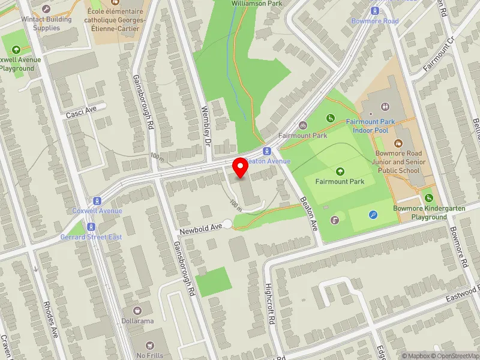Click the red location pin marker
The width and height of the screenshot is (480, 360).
click(241, 167)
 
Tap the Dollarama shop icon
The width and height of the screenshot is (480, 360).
click(137, 311)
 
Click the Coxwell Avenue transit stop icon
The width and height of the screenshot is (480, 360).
click(96, 201)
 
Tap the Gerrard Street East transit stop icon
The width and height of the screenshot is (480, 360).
click(91, 227)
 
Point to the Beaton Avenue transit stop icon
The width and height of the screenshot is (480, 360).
click(267, 151)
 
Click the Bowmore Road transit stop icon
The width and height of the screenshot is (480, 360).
click(375, 11)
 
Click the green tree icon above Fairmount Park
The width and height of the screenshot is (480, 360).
click(340, 172)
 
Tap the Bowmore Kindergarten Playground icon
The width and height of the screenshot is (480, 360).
click(428, 198)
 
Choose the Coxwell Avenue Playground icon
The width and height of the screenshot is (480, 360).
click(16, 49)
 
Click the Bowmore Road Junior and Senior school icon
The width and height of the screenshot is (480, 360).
click(397, 143)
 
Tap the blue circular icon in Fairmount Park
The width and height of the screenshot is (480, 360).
click(373, 215)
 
